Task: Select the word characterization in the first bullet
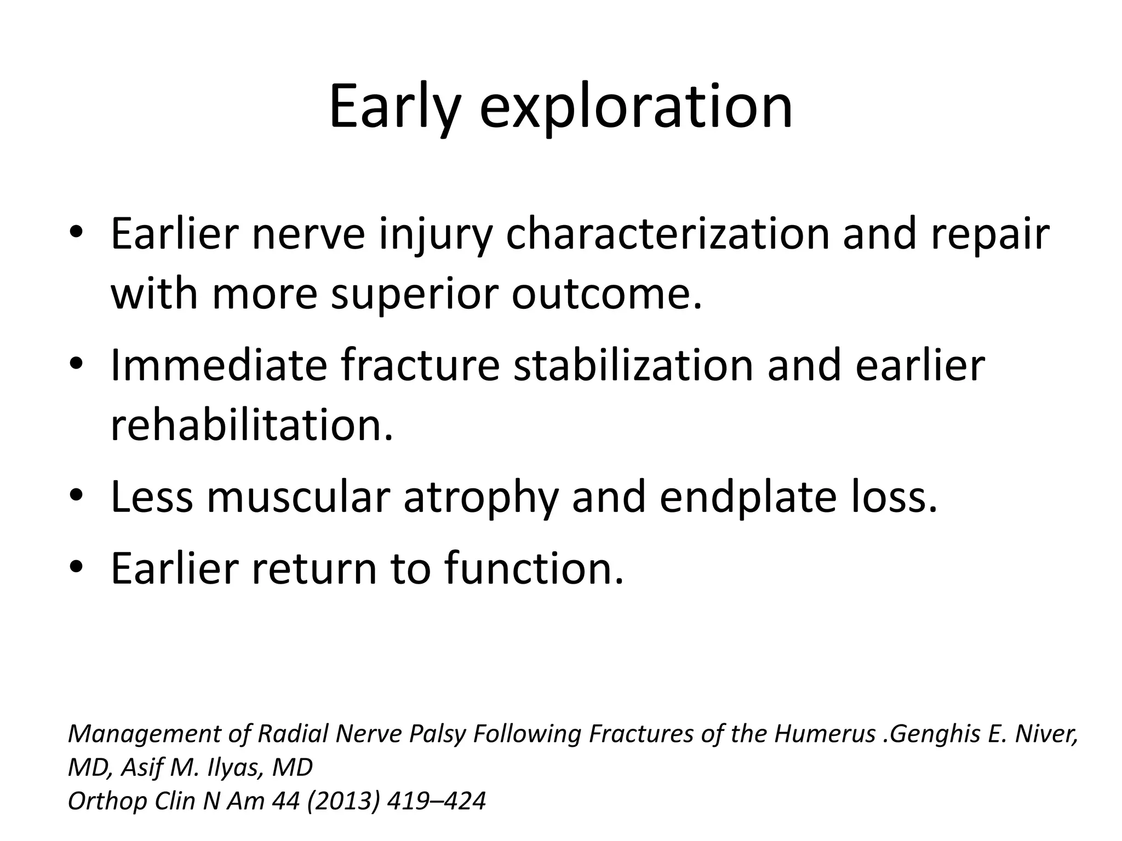(667, 234)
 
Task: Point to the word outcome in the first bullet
(606, 294)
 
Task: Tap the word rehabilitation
(251, 425)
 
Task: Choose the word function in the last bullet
(534, 568)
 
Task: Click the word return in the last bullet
(314, 568)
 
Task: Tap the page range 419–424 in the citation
(436, 801)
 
